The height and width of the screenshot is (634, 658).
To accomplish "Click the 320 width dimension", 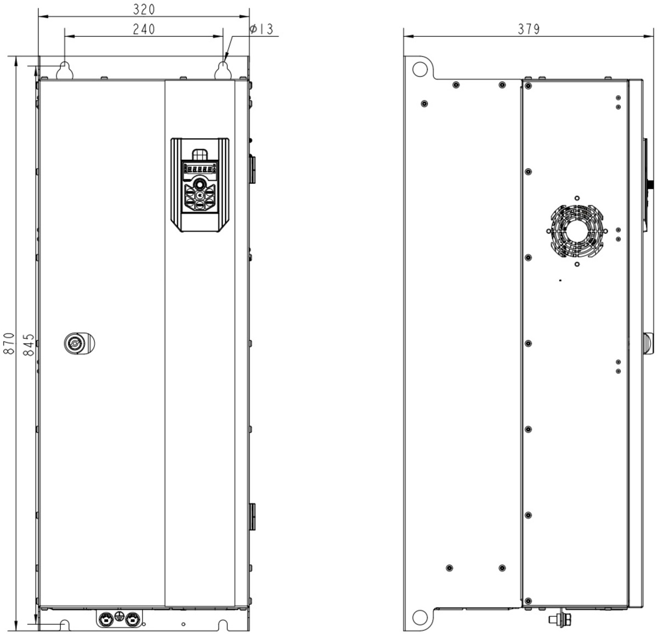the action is tap(144, 9).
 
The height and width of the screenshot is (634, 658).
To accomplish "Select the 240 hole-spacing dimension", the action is tap(144, 29).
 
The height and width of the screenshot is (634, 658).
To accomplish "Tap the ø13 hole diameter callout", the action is tap(261, 29).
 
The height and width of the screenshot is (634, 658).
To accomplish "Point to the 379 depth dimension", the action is tap(529, 29).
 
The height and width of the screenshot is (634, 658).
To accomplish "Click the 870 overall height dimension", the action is tap(9, 343).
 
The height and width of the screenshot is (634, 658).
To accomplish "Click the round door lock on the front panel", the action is tap(79, 343).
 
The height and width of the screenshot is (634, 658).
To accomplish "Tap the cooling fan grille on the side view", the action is tap(577, 231).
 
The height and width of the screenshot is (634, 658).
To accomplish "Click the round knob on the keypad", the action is tap(200, 184).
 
